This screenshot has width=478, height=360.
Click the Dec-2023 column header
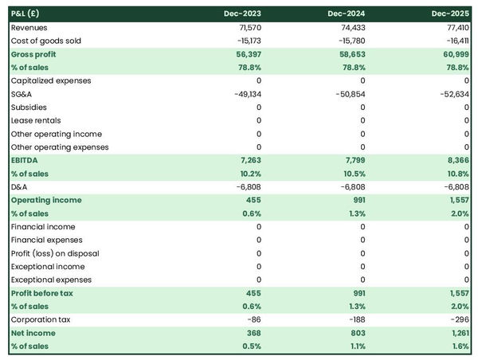point(244,14)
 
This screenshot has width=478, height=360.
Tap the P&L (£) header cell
point(29,14)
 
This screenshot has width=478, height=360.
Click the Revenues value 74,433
point(351,27)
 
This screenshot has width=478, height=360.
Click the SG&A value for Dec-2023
point(245,94)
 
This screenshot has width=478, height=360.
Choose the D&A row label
point(20,186)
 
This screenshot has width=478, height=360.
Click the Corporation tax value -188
point(354,319)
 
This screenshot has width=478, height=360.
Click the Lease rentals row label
point(36,120)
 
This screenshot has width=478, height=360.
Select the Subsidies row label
point(29,107)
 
